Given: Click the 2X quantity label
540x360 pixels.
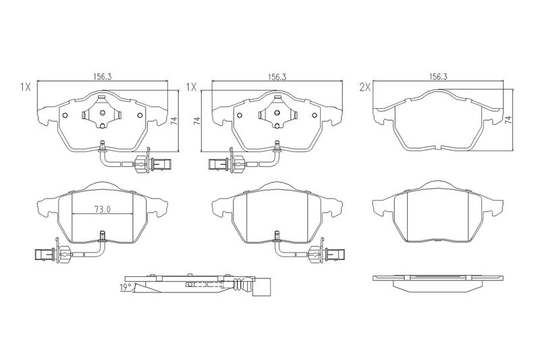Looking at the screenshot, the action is [364, 88].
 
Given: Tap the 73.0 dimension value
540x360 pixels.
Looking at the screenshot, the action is [103, 209].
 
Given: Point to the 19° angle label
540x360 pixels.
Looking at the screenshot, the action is [126, 287].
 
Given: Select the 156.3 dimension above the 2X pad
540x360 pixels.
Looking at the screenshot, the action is [437, 76].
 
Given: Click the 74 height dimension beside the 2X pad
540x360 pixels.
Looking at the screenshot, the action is [508, 120].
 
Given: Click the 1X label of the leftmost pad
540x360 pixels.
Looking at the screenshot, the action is [25, 88].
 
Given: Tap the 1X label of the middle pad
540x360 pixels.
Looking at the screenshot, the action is [191, 88].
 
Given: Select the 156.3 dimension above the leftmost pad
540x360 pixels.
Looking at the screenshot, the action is [103, 76].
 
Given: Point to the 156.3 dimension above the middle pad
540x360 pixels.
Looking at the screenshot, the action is [277, 76].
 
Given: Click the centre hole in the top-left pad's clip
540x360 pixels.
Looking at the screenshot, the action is [102, 113].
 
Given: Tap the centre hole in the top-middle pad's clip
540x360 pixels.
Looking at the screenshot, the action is [277, 113].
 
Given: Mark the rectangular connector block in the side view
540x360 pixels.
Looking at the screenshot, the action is [262, 286].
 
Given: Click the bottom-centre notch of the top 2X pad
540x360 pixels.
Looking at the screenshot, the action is [437, 147].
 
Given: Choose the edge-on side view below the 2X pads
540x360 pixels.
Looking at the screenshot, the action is [437, 284].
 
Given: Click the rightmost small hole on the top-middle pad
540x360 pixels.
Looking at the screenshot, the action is [315, 115].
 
